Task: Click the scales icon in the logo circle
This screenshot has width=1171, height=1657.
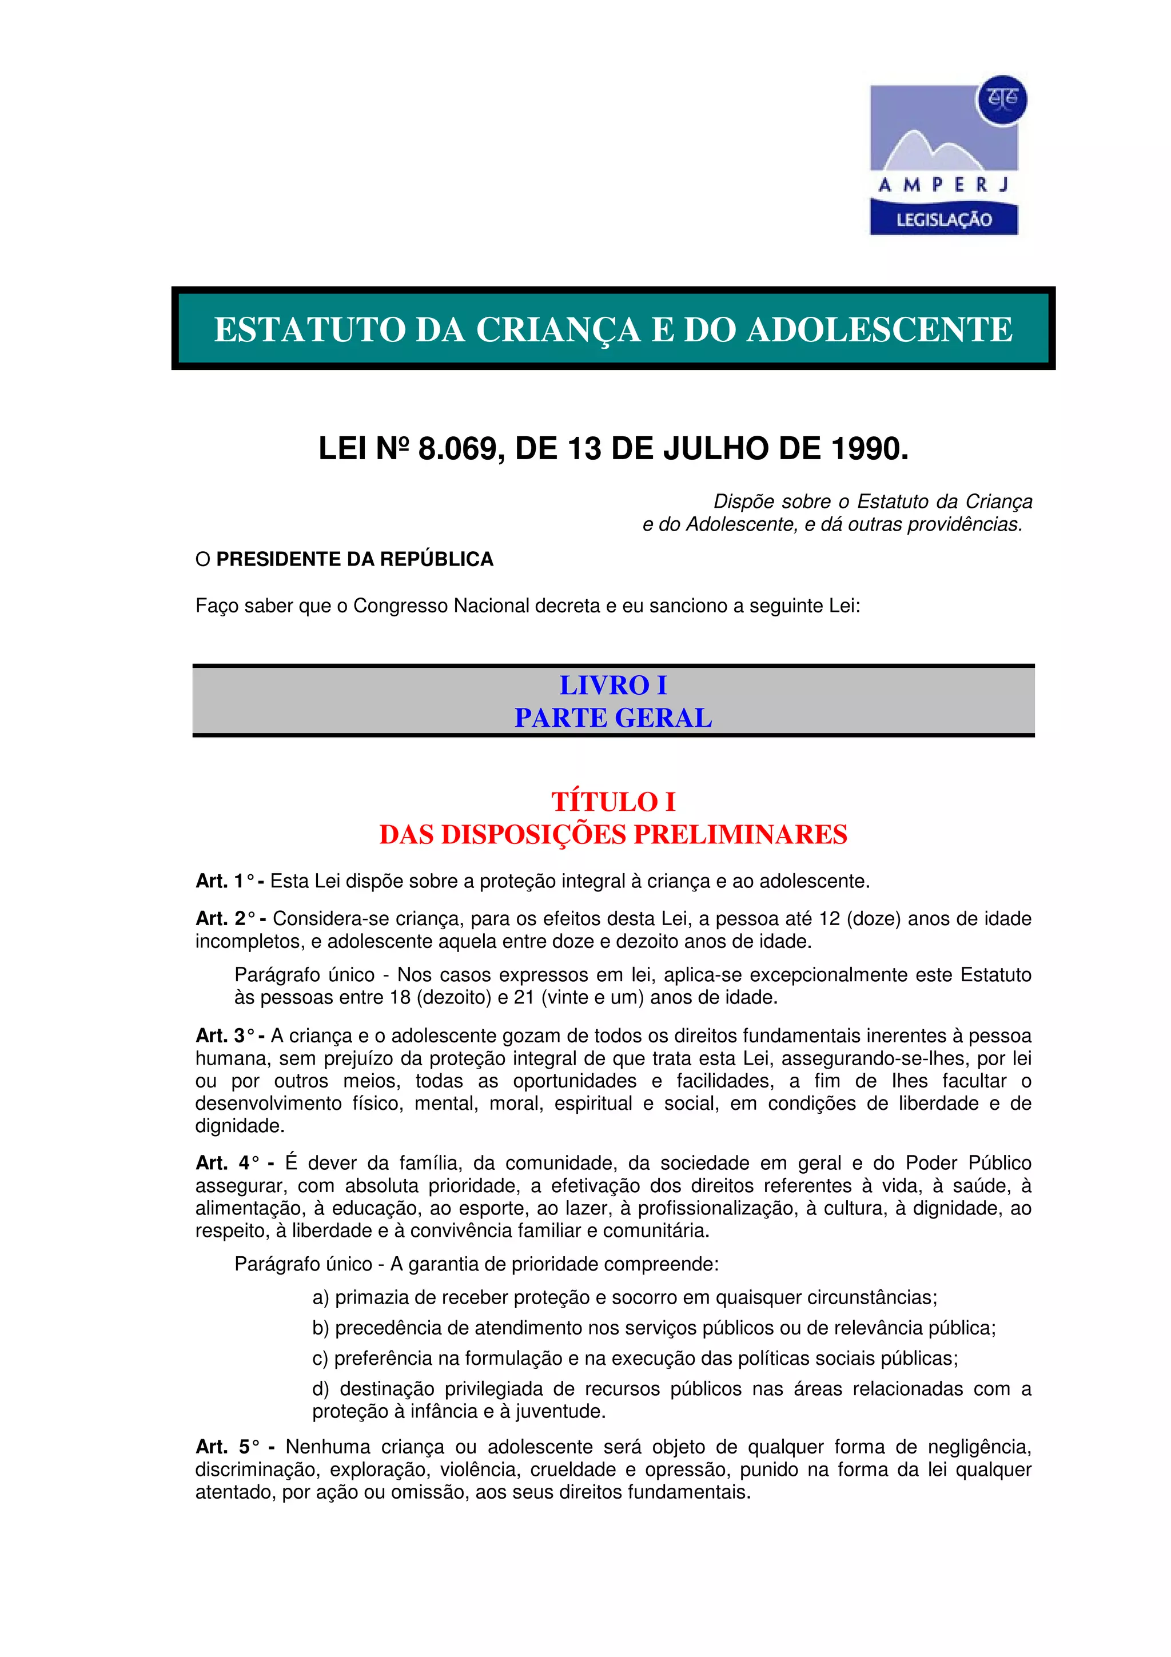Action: click(1001, 99)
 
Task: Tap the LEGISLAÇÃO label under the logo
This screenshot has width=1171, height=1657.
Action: click(944, 220)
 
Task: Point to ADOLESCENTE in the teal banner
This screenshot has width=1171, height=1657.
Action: click(879, 330)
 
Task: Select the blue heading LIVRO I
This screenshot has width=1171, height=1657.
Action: click(614, 685)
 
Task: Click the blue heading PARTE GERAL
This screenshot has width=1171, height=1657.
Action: click(614, 718)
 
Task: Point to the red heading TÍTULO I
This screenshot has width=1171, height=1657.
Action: click(614, 802)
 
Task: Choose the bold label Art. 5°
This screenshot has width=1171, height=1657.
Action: click(226, 1447)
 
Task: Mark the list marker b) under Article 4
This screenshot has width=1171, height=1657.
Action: click(321, 1328)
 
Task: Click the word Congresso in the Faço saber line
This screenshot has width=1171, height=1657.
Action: click(400, 606)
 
